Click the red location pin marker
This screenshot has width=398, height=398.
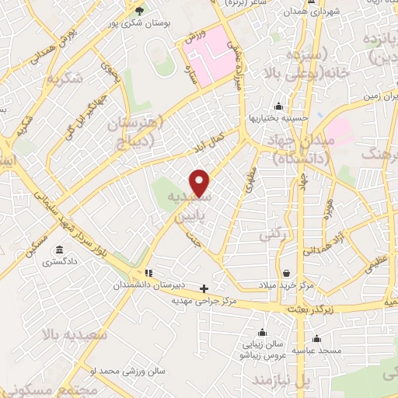pyautogui.click(x=200, y=183)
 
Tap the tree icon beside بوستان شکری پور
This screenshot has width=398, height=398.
pyautogui.click(x=140, y=10)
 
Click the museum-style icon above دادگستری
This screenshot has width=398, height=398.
pyautogui.click(x=60, y=250)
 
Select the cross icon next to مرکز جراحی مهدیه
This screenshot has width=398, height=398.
pyautogui.click(x=204, y=288)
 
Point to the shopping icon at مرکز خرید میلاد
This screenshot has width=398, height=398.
pyautogui.click(x=288, y=274)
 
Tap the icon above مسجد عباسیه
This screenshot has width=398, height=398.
pyautogui.click(x=316, y=338)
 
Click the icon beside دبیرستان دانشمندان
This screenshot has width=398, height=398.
pyautogui.click(x=148, y=273)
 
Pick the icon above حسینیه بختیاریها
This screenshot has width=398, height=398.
pyautogui.click(x=279, y=106)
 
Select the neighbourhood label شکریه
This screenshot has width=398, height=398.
pyautogui.click(x=64, y=79)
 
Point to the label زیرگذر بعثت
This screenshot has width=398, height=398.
pyautogui.click(x=309, y=309)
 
